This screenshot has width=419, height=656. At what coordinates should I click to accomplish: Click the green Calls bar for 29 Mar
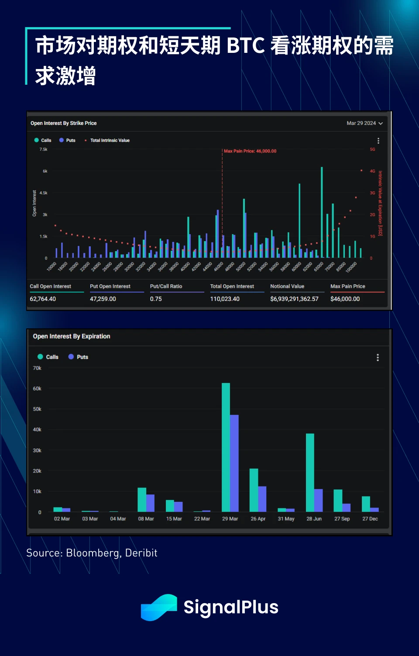pyautogui.click(x=226, y=447)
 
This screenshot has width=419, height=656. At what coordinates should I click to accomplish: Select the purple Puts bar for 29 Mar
pyautogui.click(x=234, y=463)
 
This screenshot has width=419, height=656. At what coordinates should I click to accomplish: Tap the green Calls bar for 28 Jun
pyautogui.click(x=310, y=473)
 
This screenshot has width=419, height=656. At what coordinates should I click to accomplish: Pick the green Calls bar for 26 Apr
pyautogui.click(x=254, y=490)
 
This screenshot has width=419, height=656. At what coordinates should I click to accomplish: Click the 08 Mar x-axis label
pyautogui.click(x=146, y=519)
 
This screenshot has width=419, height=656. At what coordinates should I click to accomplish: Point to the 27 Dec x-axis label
pyautogui.click(x=370, y=519)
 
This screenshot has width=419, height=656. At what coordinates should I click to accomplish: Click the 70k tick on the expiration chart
pyautogui.click(x=37, y=368)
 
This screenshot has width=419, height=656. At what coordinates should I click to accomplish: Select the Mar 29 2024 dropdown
pyautogui.click(x=364, y=123)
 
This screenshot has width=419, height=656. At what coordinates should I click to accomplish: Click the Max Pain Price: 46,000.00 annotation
pyautogui.click(x=250, y=151)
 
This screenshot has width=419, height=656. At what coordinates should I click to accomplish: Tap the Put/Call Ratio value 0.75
pyautogui.click(x=156, y=299)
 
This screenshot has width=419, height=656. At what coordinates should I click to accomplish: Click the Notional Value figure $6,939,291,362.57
pyautogui.click(x=294, y=299)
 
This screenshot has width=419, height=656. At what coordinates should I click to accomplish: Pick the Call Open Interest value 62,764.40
pyautogui.click(x=43, y=299)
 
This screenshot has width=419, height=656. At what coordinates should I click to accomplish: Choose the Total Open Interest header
pyautogui.click(x=232, y=287)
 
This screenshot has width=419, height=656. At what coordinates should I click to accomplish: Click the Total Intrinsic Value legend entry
pyautogui.click(x=110, y=141)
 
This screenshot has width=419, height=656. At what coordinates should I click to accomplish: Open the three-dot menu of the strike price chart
pyautogui.click(x=378, y=141)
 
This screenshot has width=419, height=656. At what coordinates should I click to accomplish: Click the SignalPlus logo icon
pyautogui.click(x=159, y=607)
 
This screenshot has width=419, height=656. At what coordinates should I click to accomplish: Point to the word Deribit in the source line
pyautogui.click(x=141, y=553)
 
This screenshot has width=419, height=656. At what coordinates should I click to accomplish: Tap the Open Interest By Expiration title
pyautogui.click(x=72, y=336)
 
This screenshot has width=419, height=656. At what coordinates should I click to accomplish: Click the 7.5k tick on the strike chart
pyautogui.click(x=43, y=149)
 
